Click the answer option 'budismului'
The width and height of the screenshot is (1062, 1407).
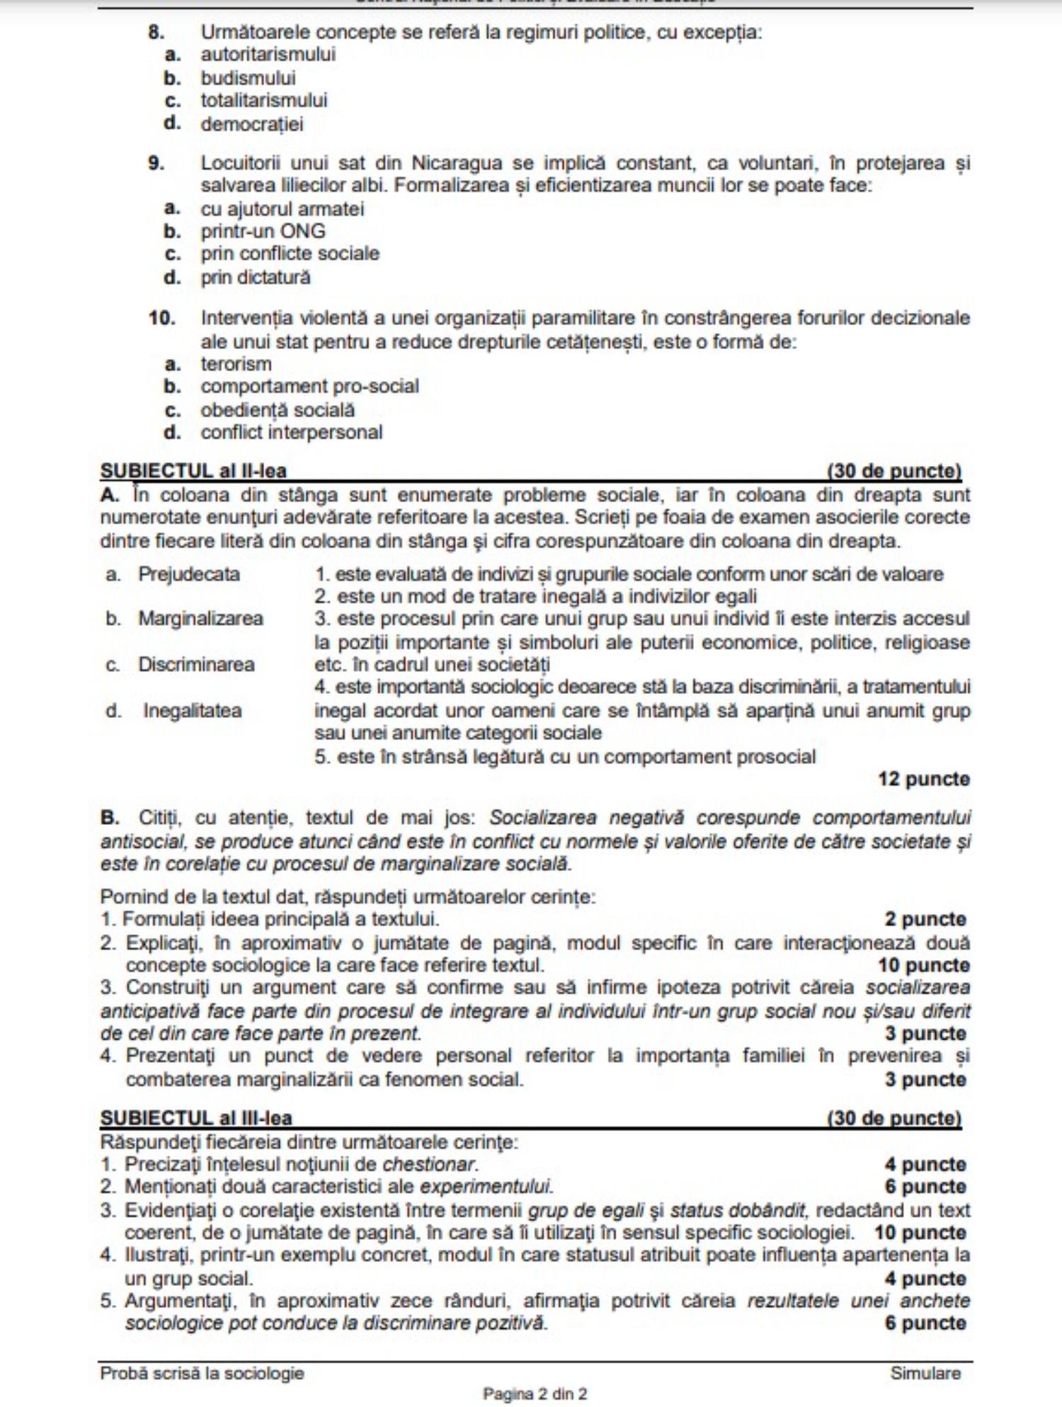pyautogui.click(x=248, y=78)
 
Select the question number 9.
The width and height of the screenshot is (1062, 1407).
pyautogui.click(x=156, y=164)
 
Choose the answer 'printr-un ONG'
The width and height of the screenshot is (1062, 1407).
pyautogui.click(x=263, y=232)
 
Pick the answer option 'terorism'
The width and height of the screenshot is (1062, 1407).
pyautogui.click(x=236, y=364)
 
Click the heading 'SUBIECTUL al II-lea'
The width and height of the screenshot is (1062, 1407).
pyautogui.click(x=193, y=471)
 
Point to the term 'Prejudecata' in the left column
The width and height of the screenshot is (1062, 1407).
pyautogui.click(x=189, y=574)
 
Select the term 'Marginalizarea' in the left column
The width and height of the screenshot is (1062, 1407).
pyautogui.click(x=200, y=619)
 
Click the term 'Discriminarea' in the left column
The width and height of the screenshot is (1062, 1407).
pyautogui.click(x=196, y=665)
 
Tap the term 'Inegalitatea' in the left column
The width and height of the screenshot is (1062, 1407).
pyautogui.click(x=193, y=711)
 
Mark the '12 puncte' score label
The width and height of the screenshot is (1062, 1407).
pyautogui.click(x=923, y=780)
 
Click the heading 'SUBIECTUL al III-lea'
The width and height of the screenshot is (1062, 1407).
pyautogui.click(x=196, y=1118)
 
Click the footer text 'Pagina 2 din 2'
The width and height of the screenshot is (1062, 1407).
pyautogui.click(x=535, y=1394)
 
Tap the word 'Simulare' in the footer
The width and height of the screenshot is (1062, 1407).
pyautogui.click(x=925, y=1373)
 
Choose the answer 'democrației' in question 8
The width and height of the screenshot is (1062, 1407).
pyautogui.click(x=252, y=124)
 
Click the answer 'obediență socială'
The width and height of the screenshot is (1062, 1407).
pyautogui.click(x=278, y=410)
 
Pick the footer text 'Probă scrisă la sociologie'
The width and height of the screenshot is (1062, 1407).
pyautogui.click(x=202, y=1373)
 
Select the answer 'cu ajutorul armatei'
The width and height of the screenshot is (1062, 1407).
pyautogui.click(x=282, y=209)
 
